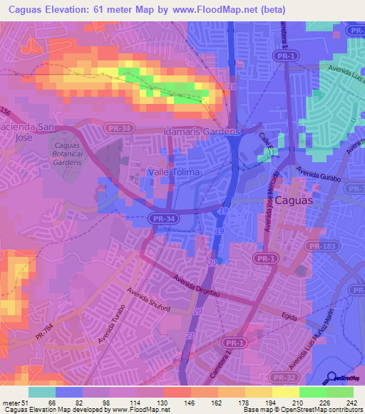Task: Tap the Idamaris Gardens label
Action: tap(200, 132)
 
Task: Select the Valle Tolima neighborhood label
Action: tap(173, 172)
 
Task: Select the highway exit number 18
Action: tap(232, 86)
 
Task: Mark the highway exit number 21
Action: tap(190, 335)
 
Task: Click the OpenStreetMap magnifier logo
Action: tap(331, 379)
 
